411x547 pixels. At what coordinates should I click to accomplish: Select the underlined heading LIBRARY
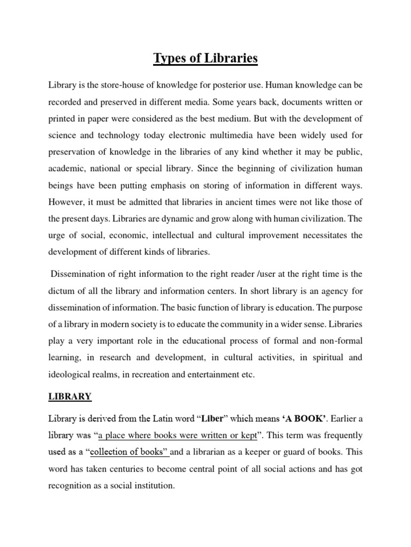tap(71, 396)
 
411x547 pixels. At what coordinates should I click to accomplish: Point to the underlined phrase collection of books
tap(129, 452)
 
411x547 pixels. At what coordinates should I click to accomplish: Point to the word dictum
tap(62, 291)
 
